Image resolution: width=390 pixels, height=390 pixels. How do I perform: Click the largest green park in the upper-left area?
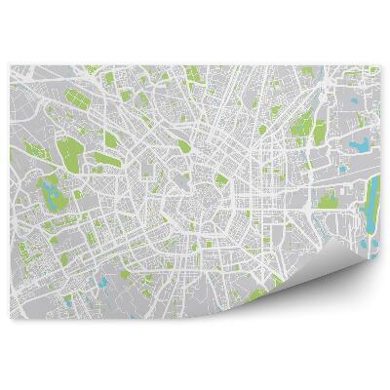point(70,152)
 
